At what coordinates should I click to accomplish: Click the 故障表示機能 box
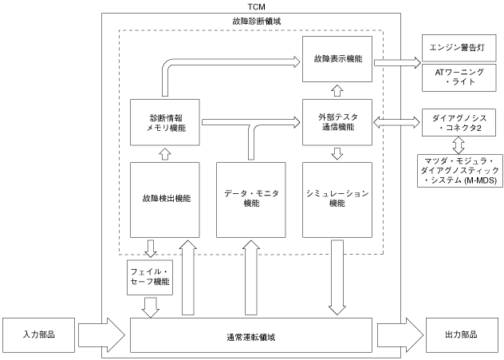(337, 59)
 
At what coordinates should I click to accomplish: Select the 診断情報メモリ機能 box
(165, 122)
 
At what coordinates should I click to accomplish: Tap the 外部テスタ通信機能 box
(337, 122)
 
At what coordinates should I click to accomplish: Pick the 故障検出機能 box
(165, 200)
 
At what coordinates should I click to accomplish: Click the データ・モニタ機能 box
(251, 200)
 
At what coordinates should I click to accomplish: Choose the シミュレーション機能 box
(337, 200)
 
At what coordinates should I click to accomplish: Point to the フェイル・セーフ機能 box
(150, 277)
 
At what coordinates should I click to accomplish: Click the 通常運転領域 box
(251, 335)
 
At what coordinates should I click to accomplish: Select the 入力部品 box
(38, 335)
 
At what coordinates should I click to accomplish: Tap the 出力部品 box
(461, 335)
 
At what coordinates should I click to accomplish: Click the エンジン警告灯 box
(459, 48)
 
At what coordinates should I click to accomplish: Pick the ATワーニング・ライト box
(459, 77)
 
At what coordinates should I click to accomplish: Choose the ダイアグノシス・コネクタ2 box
(459, 123)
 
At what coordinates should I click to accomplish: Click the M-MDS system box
(460, 171)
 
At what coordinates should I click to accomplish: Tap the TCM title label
(257, 6)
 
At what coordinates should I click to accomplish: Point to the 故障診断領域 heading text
(257, 22)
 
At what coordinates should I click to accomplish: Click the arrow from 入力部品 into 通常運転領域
(101, 335)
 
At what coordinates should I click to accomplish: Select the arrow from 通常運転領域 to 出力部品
(400, 335)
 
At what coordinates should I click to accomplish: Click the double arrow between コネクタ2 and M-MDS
(459, 145)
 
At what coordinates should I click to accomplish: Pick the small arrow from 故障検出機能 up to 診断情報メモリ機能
(165, 154)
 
